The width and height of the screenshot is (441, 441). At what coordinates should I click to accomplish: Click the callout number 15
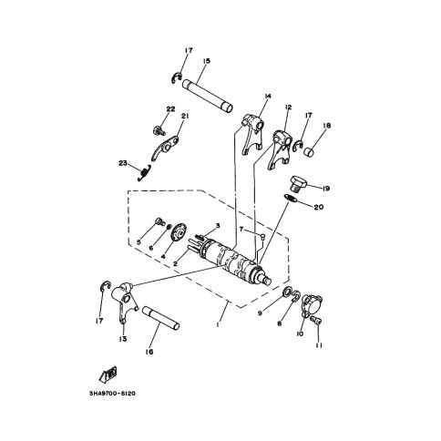click(206, 61)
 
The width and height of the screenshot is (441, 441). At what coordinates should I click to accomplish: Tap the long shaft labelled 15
click(208, 96)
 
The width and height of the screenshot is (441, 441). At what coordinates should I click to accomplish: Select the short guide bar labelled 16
click(160, 318)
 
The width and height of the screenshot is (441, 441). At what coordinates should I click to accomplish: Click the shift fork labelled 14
click(252, 134)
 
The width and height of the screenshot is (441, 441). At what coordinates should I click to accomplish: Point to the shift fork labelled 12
click(280, 149)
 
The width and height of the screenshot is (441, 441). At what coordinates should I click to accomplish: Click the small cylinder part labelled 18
click(310, 152)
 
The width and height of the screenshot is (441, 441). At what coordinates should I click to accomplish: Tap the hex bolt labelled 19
click(298, 183)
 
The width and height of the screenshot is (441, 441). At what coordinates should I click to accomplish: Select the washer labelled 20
click(290, 198)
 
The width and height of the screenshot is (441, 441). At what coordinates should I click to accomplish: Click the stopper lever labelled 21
click(165, 148)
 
